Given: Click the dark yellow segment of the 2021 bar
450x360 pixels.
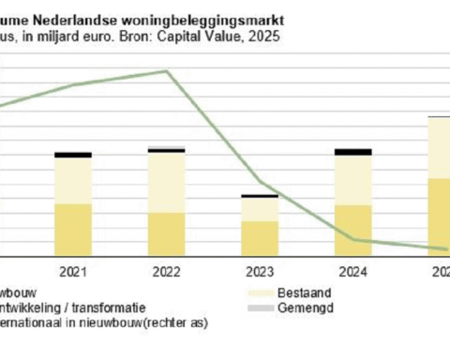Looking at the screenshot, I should [72, 229].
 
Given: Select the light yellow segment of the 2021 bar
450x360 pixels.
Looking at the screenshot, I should [72, 180].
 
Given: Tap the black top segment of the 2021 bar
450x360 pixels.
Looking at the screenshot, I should [72, 155].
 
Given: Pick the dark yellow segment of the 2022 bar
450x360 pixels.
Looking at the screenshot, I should [166, 233].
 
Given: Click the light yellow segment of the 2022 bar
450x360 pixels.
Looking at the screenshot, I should [166, 182].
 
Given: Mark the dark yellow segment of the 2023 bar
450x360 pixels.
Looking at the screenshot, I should [259, 238].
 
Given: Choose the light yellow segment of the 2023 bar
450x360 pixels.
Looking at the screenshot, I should [259, 209].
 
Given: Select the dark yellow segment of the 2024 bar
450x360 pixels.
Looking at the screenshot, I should [352, 230].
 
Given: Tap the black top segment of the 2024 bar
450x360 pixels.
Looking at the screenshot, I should [352, 151].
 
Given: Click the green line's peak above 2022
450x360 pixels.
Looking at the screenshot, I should [168, 71].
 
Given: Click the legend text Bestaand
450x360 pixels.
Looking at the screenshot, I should [280, 292].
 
